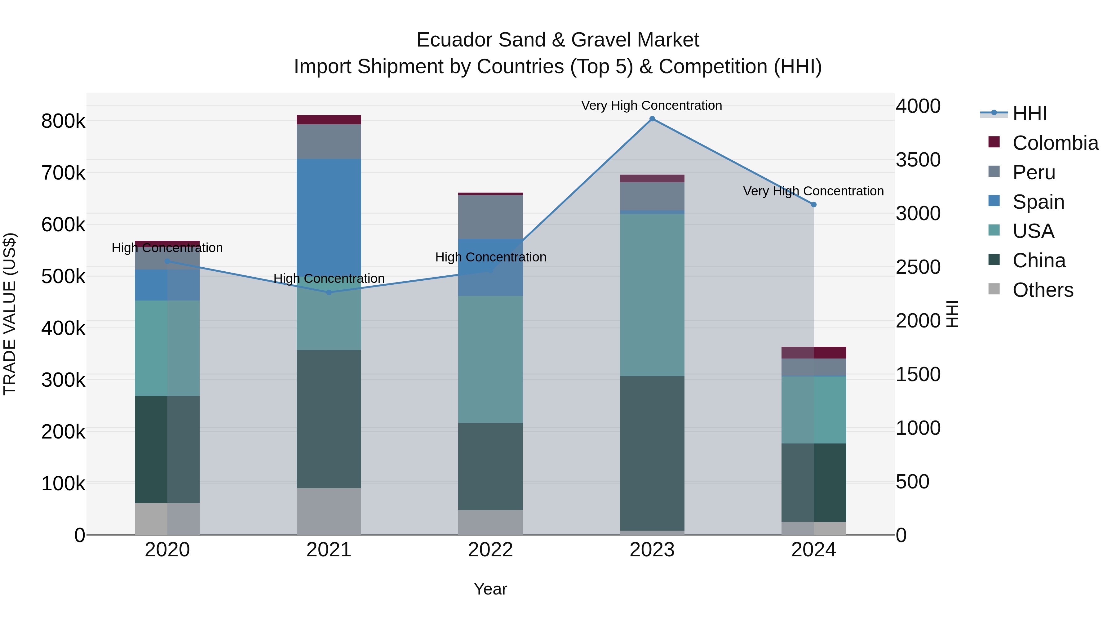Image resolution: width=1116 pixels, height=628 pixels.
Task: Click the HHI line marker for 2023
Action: pyautogui.click(x=652, y=119)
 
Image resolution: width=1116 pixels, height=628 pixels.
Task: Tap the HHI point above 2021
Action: pyautogui.click(x=329, y=292)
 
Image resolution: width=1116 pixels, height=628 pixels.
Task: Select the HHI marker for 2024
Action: pyautogui.click(x=814, y=205)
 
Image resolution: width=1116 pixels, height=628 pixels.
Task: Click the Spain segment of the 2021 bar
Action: pyautogui.click(x=329, y=217)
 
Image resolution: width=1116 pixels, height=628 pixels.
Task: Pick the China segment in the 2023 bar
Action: pyautogui.click(x=652, y=453)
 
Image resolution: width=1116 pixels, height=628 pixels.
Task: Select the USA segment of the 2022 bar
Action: pyautogui.click(x=490, y=359)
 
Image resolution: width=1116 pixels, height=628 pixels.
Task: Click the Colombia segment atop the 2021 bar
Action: pyautogui.click(x=329, y=120)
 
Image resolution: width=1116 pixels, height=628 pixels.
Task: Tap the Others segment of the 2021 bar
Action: pyautogui.click(x=329, y=511)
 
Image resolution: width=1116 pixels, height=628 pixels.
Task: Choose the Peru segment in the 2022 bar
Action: pyautogui.click(x=490, y=217)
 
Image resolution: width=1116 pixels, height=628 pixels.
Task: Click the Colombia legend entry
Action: pyautogui.click(x=1055, y=143)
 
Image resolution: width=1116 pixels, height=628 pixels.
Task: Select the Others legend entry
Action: pyautogui.click(x=1042, y=290)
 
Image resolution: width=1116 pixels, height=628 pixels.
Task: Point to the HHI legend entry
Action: pyautogui.click(x=1029, y=114)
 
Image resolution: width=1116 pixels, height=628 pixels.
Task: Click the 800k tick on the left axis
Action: pyautogui.click(x=63, y=121)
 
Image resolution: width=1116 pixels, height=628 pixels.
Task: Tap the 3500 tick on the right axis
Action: pyautogui.click(x=918, y=160)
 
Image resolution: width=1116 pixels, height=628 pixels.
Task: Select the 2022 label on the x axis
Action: pyautogui.click(x=490, y=550)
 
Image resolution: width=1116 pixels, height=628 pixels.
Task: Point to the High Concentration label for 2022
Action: pyautogui.click(x=490, y=257)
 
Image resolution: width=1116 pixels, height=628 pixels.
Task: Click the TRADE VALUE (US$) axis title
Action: pyautogui.click(x=10, y=314)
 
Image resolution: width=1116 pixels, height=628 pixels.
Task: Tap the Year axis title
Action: pyautogui.click(x=490, y=589)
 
